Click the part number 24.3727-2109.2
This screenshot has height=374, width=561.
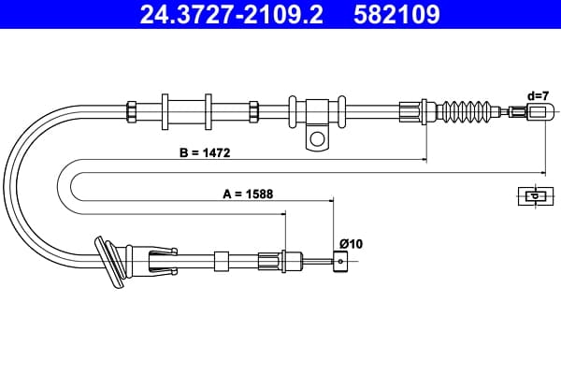point(232,14)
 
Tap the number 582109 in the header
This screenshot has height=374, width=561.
point(396,14)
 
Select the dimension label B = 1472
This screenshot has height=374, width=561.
point(205,152)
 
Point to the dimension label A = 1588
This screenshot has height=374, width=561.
point(248,194)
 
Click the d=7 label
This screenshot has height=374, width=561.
point(538,96)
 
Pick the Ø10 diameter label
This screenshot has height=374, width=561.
point(351,244)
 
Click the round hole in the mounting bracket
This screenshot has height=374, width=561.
point(317,138)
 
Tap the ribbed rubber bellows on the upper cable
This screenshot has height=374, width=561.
point(467,111)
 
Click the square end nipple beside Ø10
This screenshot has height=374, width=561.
point(340,262)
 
